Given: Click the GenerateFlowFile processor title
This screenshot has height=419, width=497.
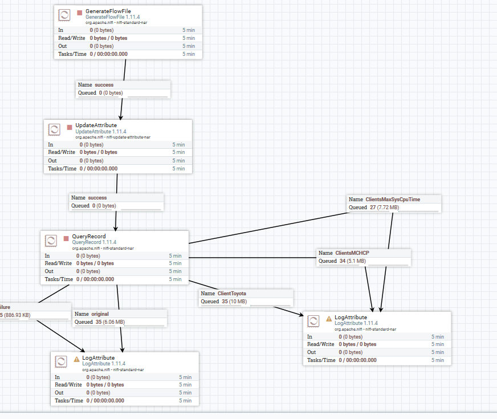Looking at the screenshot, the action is pos(108,11).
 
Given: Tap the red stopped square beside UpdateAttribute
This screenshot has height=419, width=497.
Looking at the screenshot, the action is pos(70,128).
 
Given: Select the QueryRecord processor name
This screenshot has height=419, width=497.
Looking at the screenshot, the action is pos(89,236).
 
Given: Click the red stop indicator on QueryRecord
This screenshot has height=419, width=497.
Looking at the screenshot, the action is pos(66,238).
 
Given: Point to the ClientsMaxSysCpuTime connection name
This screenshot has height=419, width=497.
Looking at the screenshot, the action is pos(393,200).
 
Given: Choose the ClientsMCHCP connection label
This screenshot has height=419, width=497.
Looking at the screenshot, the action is pos(352,253).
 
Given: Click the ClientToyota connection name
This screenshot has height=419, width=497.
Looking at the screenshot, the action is pos(232,294).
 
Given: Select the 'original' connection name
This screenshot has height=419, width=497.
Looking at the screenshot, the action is pos(100,314).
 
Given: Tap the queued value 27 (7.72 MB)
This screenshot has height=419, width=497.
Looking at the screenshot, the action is pos(385,208).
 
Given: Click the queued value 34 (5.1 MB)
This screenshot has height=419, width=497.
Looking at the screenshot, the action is pos(353,261).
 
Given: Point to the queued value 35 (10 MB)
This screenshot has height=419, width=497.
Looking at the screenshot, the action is pos(234,302).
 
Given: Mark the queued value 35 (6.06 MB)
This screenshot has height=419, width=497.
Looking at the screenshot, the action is pos(111,322).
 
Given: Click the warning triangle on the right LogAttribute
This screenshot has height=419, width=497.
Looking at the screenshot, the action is pos(329,319).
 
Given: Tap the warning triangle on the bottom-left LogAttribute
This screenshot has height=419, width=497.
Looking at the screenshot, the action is pos(77,359).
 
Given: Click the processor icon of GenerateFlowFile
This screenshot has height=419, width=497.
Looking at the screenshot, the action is pos(64,15).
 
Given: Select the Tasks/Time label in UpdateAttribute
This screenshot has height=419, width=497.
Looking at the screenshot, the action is pos(62,169).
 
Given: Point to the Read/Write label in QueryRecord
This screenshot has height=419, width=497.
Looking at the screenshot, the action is pos(58,263).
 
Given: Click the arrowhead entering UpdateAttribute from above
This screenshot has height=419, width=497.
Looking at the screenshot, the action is pos(120,117).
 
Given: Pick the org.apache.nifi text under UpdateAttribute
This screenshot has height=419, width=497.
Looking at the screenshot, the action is pos(113,137).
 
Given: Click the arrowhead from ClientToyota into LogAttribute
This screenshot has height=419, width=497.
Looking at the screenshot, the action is pos(300,314).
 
